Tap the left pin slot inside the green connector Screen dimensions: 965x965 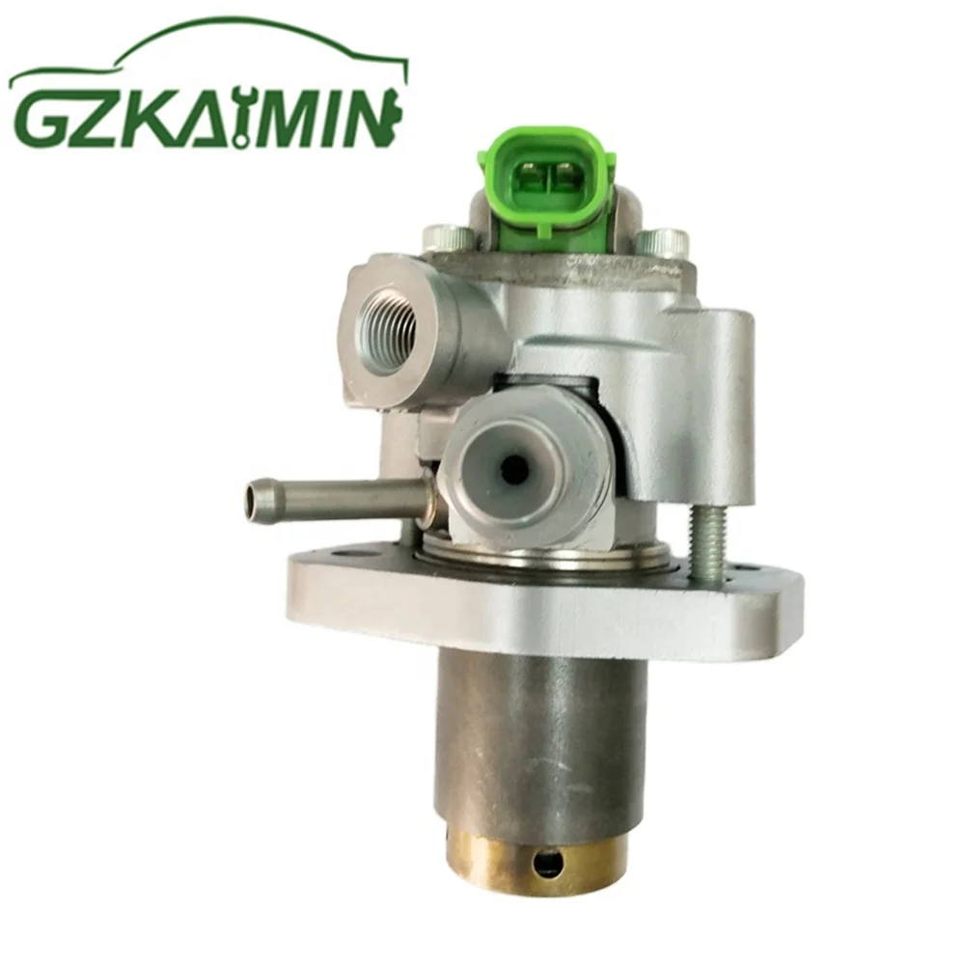(529, 178)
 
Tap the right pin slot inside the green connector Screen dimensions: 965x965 (564, 178)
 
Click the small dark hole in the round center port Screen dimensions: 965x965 (515, 470)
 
